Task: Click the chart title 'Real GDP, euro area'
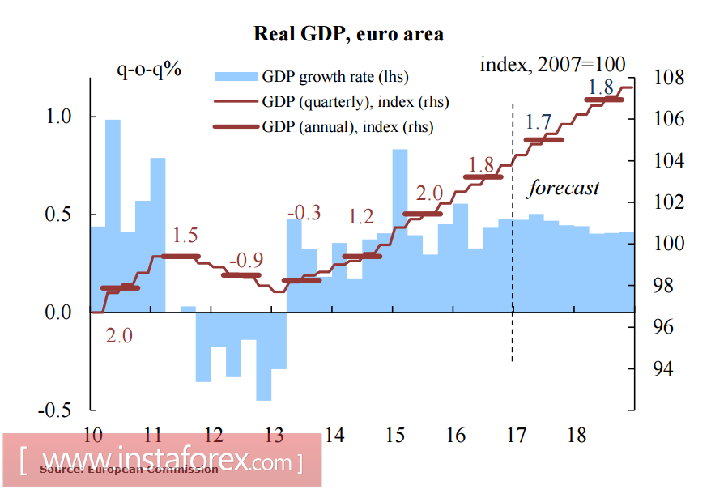[348, 34]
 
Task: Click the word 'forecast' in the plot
[564, 189]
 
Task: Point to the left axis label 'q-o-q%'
[149, 70]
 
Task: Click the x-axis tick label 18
[577, 436]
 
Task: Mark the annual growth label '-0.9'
[245, 261]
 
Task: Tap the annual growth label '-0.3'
[304, 213]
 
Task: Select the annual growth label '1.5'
[185, 236]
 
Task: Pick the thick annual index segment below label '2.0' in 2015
[423, 215]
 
